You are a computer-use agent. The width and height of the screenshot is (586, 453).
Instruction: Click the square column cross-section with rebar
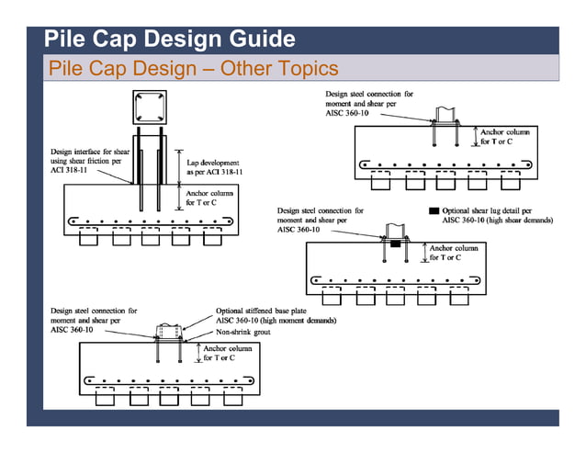[x=150, y=108]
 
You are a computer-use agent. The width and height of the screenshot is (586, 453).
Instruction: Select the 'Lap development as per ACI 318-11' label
[x=214, y=167]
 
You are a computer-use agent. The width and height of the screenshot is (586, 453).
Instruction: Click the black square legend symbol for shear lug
[x=434, y=211]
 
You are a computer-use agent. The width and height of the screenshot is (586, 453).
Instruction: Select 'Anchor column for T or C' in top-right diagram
[x=504, y=137]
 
